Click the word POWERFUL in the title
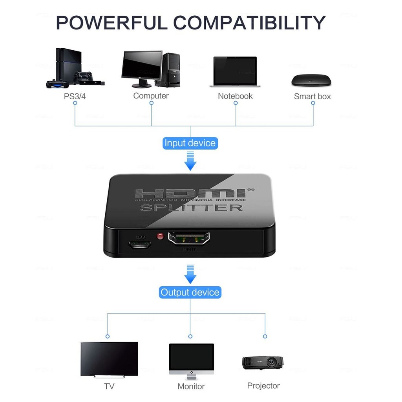tap(111, 22)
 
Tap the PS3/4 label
tap(75, 96)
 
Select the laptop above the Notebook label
tap(235, 72)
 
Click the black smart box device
tap(311, 80)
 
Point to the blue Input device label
tap(190, 143)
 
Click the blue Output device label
tap(190, 292)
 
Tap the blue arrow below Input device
tap(190, 162)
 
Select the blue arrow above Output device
tap(190, 274)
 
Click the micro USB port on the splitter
tap(139, 244)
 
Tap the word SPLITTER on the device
tap(192, 207)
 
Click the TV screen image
tap(109, 358)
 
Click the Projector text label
tap(263, 386)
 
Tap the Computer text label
tap(151, 96)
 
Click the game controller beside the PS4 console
tap(57, 83)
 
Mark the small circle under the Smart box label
tap(313, 103)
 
